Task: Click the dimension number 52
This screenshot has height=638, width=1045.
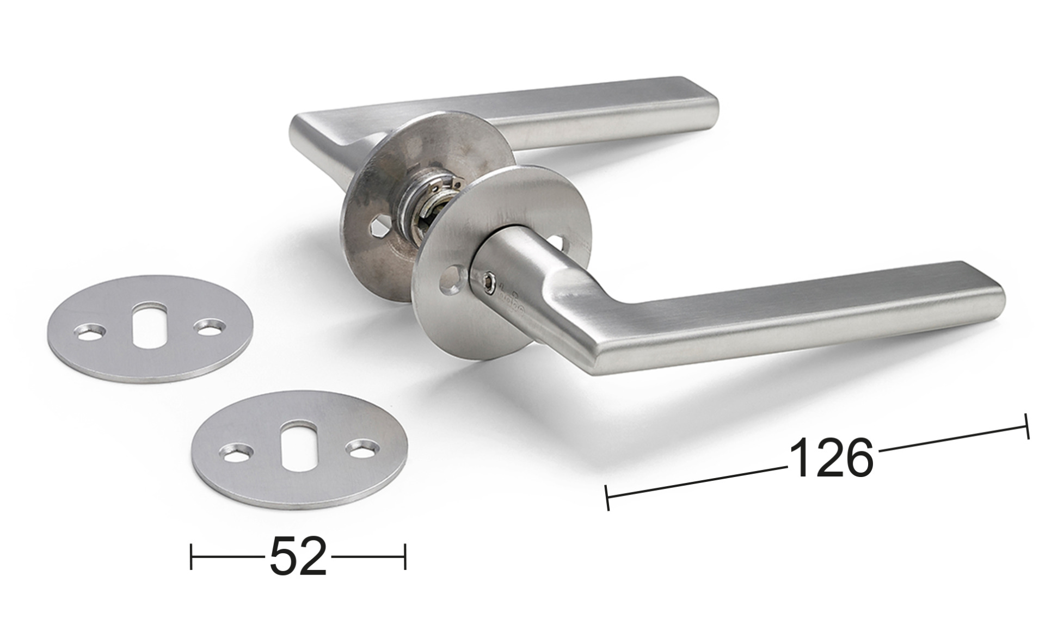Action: tap(298, 556)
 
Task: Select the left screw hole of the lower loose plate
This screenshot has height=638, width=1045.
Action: tap(236, 453)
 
